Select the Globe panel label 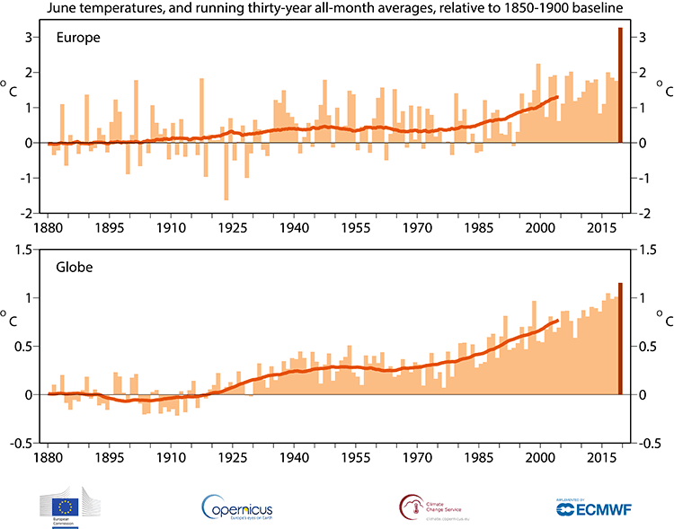click(73, 266)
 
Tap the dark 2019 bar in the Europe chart click(620, 85)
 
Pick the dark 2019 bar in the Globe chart click(620, 339)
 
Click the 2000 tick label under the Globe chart click(540, 456)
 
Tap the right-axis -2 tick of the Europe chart click(643, 213)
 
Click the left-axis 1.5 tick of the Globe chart click(24, 249)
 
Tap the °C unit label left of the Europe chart click(9, 89)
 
